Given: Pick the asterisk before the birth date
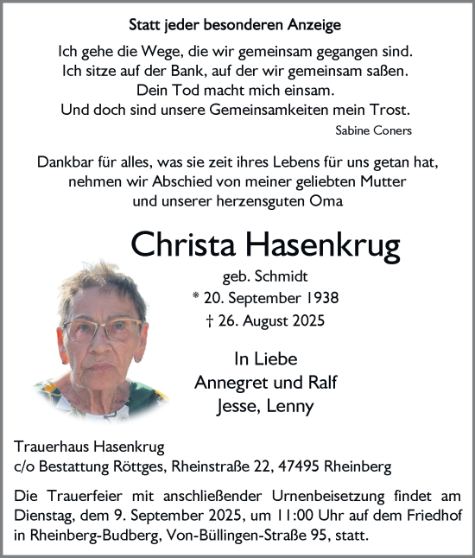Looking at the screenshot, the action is (195, 297).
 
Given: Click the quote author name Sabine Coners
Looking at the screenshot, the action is (372, 130).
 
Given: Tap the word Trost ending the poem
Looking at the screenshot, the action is (390, 110).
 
